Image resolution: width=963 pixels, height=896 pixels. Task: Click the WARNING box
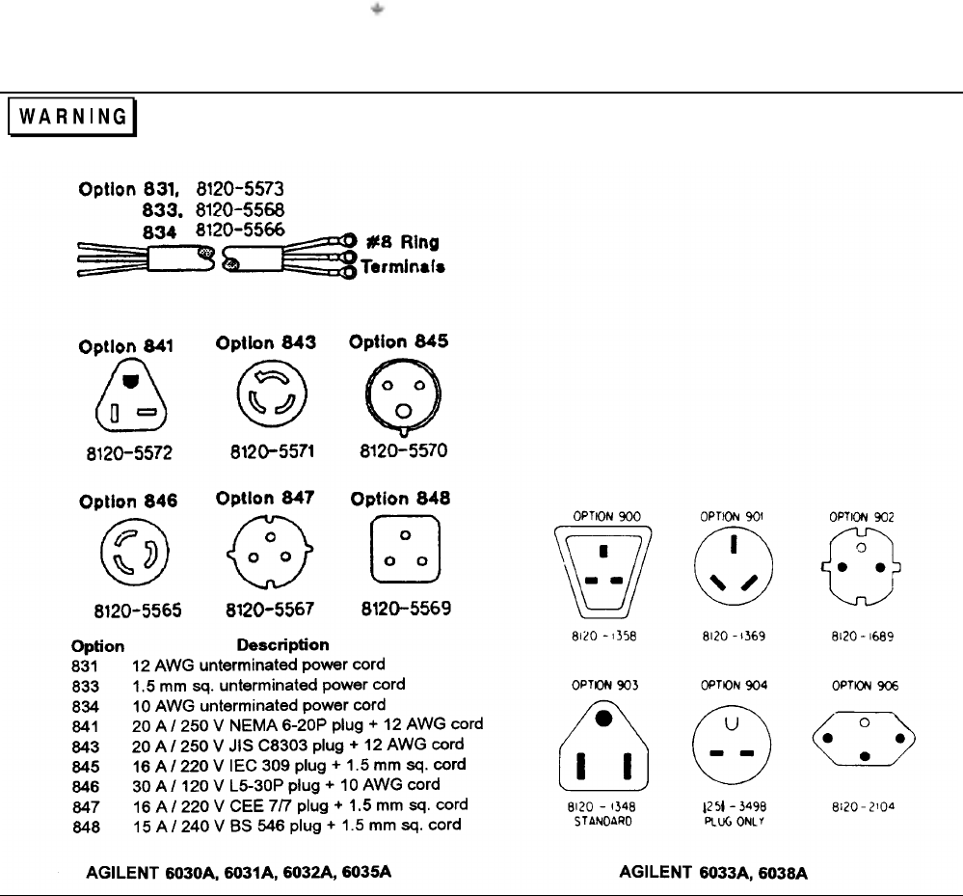tap(73, 117)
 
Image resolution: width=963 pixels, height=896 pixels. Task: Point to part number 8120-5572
tap(120, 452)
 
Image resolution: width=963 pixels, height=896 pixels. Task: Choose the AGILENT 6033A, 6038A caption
tap(714, 873)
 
